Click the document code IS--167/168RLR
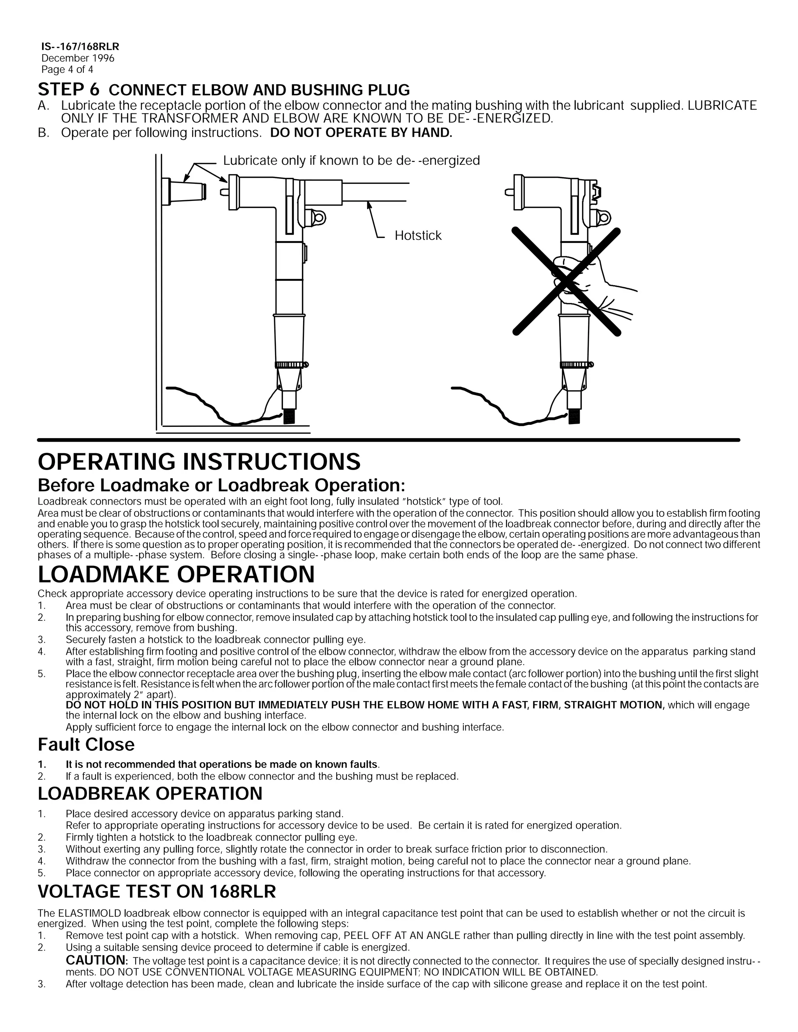[x=80, y=47]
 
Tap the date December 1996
[x=78, y=58]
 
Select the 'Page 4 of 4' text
[x=67, y=69]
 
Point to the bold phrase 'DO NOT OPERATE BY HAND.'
[x=361, y=133]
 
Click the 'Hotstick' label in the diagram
[x=418, y=235]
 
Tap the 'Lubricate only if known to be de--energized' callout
[x=351, y=161]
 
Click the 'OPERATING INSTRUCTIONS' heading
[x=199, y=461]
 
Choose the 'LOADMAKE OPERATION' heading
[x=176, y=574]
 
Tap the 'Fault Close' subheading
[x=86, y=744]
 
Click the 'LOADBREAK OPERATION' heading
[x=150, y=793]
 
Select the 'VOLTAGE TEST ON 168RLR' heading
[x=157, y=892]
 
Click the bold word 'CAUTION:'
[x=97, y=960]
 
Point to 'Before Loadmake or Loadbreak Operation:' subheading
[x=221, y=485]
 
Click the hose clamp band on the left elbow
[x=290, y=365]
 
